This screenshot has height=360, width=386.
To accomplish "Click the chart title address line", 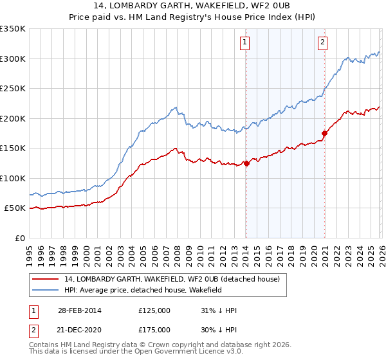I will pyautogui.click(x=192, y=6).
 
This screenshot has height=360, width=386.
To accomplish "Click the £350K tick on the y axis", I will pyautogui.click(x=13, y=29).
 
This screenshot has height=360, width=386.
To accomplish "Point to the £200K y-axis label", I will pyautogui.click(x=13, y=118).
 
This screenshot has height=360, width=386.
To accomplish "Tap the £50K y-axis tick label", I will pyautogui.click(x=15, y=208).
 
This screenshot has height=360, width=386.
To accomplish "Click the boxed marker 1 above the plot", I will pyautogui.click(x=246, y=43).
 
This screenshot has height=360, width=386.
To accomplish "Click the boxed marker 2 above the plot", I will pyautogui.click(x=322, y=43).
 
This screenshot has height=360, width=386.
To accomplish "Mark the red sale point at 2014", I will pyautogui.click(x=246, y=163).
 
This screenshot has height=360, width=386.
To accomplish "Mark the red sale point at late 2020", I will pyautogui.click(x=324, y=133).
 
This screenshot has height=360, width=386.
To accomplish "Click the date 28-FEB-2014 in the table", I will pyautogui.click(x=80, y=310).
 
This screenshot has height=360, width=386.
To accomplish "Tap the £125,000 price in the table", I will pyautogui.click(x=154, y=310).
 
